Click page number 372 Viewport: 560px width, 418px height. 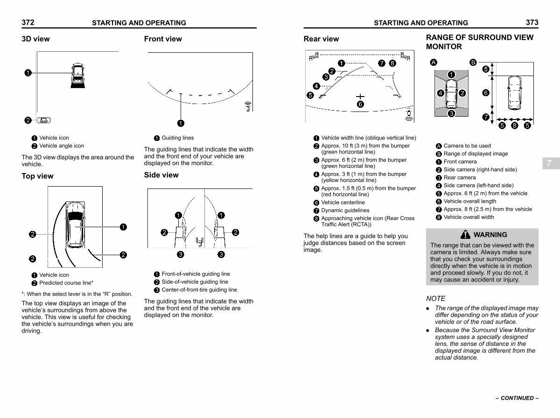point(28,22)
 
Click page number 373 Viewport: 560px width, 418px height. point(532,22)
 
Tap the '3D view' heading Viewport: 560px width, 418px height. point(36,39)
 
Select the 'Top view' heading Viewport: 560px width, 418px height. point(37,176)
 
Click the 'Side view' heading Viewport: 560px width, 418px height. point(161,175)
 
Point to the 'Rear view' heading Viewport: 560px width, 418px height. point(321,39)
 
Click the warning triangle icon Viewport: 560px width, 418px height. point(465,234)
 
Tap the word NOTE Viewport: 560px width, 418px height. point(436,299)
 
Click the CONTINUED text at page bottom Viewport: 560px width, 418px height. point(517,398)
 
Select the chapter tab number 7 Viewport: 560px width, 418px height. point(549,163)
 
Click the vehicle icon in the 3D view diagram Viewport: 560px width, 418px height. point(77,76)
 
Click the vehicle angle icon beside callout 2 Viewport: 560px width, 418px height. point(43,120)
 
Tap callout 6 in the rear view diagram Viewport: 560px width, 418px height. point(360,104)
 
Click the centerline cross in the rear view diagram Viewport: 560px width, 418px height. point(360,97)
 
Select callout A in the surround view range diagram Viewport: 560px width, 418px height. point(434,63)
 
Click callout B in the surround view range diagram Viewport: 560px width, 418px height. point(473,63)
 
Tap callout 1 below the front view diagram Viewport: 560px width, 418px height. point(181,124)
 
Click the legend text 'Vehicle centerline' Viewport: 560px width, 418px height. point(343,202)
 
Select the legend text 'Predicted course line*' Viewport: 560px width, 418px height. point(66,283)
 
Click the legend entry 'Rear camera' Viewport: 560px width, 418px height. point(460,177)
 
